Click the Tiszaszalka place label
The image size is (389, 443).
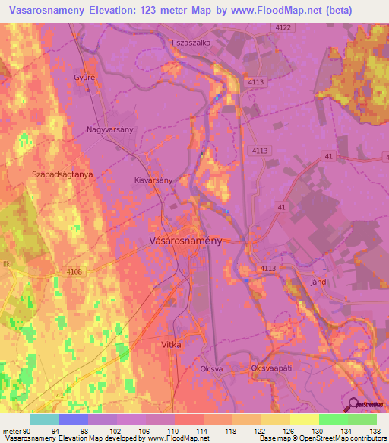pos(190,43)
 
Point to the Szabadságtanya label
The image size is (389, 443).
pos(62,174)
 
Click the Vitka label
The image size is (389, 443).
pos(172,345)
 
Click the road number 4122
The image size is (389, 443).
pos(283,27)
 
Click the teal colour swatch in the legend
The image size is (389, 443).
pos(44,419)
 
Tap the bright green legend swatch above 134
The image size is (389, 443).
pos(333,419)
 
